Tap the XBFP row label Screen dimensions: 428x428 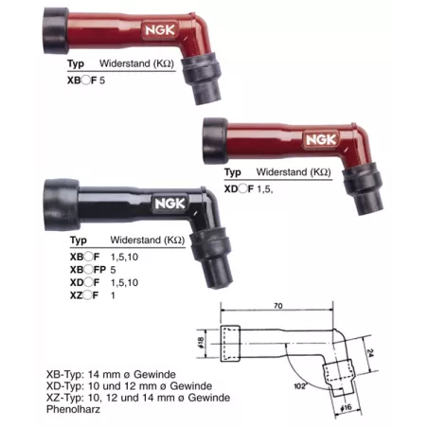click(89, 269)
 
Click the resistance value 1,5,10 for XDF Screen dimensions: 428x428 click(126, 282)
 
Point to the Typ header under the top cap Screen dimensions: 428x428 click(77, 64)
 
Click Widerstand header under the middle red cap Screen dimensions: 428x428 click(290, 173)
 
